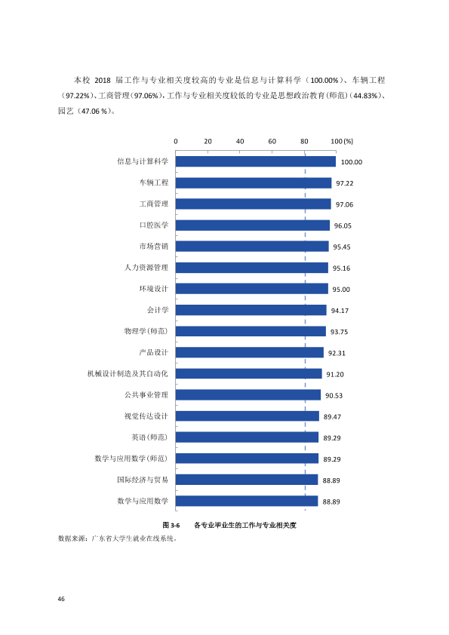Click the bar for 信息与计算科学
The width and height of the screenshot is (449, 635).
[x=256, y=161]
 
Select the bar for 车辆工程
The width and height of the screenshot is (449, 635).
[x=254, y=183]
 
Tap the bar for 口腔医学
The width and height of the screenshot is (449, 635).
[x=253, y=225]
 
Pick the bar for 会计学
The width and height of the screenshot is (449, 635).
[x=251, y=310]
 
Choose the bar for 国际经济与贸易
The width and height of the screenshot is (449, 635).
[x=247, y=480]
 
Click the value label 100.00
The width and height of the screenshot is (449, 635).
[x=352, y=162]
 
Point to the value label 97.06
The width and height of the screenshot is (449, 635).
[x=344, y=204]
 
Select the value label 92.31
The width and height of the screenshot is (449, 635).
[x=337, y=353]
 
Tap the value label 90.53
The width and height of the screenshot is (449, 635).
[x=334, y=396]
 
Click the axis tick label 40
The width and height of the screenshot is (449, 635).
[x=240, y=141]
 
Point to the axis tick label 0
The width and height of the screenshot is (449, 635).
[x=176, y=141]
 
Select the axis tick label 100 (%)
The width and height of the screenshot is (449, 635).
[x=342, y=141]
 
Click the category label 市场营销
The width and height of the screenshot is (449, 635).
[x=154, y=246]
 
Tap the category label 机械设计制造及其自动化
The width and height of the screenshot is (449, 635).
[x=128, y=373]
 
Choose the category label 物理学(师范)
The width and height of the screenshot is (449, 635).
[x=146, y=331]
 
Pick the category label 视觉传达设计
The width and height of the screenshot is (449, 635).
[x=146, y=416]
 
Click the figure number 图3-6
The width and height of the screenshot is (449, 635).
[x=171, y=525]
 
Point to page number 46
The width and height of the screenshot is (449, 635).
[x=61, y=599]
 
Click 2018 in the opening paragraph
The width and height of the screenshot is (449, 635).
[x=103, y=80]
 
